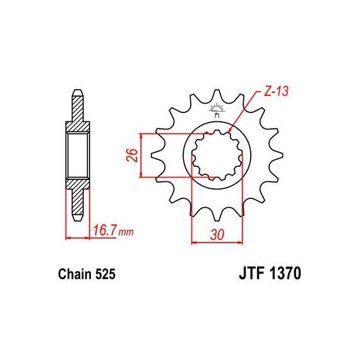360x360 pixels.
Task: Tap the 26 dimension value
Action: coord(133,155)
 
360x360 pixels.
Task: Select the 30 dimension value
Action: coord(217,235)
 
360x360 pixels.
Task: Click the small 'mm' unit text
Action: coord(126,232)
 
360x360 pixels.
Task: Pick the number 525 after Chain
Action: coord(105,274)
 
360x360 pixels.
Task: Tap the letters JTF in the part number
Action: coord(251,273)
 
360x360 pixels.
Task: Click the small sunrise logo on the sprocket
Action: coord(216,110)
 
